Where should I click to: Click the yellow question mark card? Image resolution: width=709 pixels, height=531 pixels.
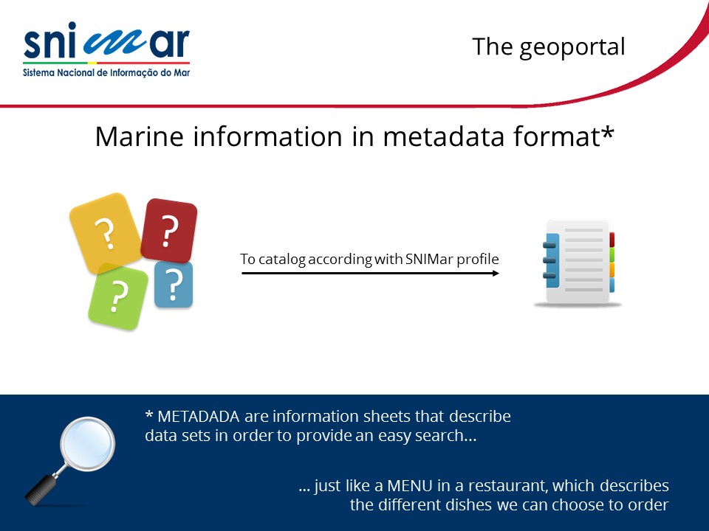106,233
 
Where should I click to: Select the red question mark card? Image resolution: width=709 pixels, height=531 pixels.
169,230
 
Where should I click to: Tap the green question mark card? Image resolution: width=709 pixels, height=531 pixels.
118,297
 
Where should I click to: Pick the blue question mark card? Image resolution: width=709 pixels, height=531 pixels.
174,285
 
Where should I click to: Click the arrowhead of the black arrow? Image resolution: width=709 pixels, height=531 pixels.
496,273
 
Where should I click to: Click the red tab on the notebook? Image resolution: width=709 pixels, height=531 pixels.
612,239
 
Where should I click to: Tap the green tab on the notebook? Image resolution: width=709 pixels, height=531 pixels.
612,254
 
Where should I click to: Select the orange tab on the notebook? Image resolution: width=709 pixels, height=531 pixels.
612,270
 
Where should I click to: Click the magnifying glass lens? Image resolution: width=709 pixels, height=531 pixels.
88,444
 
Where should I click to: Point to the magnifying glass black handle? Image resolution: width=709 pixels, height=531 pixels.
41,490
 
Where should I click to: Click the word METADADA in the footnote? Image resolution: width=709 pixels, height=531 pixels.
198,416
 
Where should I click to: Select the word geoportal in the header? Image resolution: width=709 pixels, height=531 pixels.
572,48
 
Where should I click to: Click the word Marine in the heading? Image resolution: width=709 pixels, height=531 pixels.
140,136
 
